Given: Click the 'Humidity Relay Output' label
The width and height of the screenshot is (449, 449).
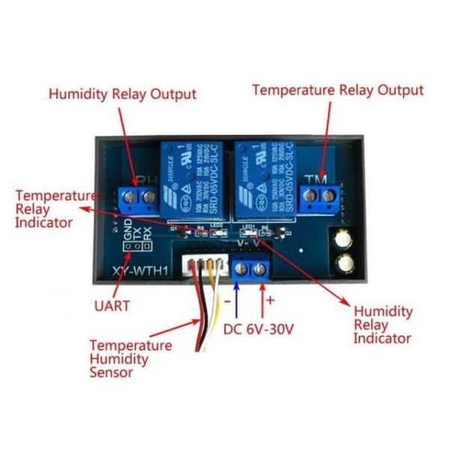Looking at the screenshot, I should click(122, 94).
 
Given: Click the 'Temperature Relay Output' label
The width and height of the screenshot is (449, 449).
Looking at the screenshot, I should click(337, 90).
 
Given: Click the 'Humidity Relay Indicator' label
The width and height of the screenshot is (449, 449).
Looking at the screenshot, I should click(382, 324).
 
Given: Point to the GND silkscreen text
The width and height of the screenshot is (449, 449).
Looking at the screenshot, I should click(129, 240).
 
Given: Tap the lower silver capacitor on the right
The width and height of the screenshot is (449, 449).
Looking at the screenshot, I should click(346, 263).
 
